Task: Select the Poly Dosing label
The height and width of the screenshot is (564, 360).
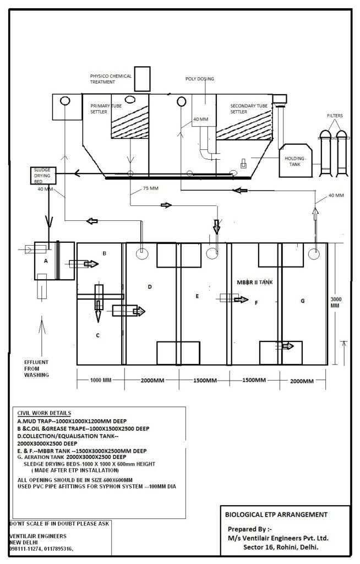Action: pos(199,79)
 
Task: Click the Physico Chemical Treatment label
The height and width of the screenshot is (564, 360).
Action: pos(111,78)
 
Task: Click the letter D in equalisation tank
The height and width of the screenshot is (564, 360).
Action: pos(149,286)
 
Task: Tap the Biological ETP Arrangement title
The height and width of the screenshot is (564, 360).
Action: pos(276,514)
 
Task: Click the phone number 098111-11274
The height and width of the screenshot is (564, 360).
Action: pos(29,549)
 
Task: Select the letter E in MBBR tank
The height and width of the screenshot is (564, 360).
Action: pos(197,296)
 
